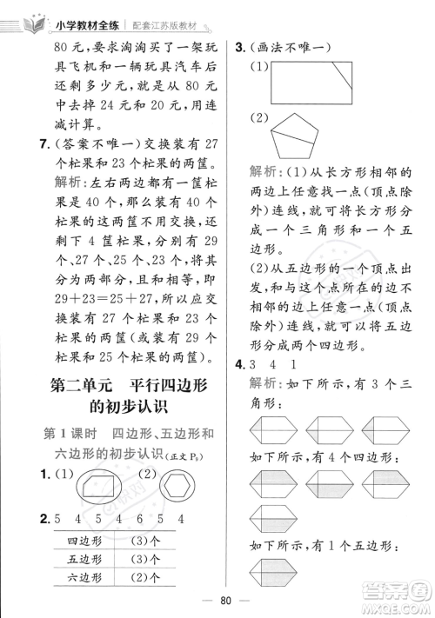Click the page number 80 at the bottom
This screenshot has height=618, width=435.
(x=217, y=599)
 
